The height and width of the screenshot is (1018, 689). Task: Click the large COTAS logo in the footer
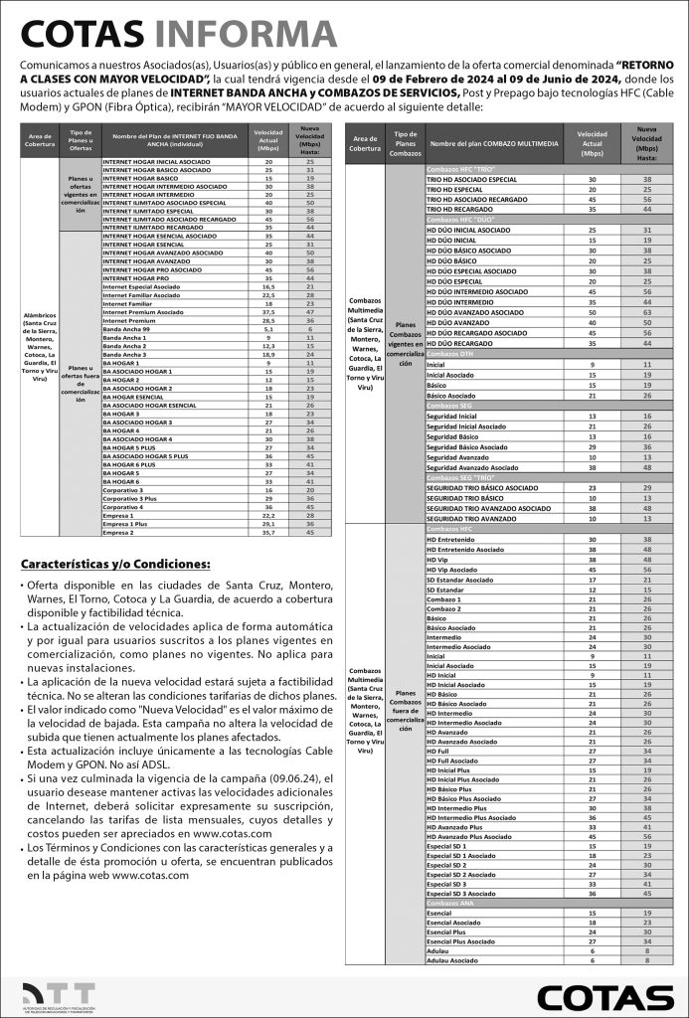(604, 997)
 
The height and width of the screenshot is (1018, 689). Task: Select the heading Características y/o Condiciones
(115, 565)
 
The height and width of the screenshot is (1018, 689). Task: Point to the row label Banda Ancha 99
(126, 328)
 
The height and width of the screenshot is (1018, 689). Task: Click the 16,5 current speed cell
(268, 285)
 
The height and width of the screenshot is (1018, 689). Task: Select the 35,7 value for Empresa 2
(268, 532)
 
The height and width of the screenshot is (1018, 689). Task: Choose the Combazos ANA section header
(453, 903)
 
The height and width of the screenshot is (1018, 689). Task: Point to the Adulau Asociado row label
(451, 961)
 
